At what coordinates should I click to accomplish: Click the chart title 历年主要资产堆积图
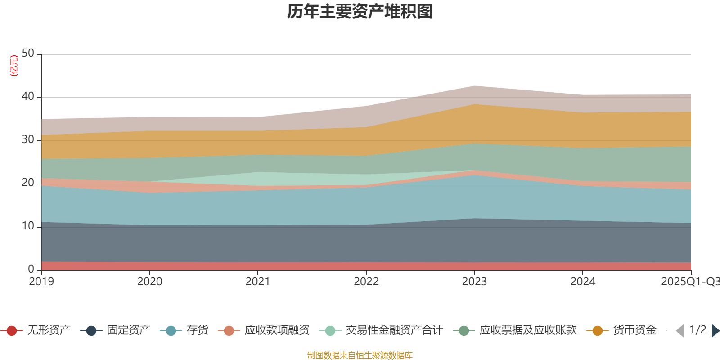pos(360,12)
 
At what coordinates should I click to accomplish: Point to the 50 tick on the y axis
pos(28,54)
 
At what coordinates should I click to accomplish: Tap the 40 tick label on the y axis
pos(28,97)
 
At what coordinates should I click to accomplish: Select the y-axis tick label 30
pos(28,140)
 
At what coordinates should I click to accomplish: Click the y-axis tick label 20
pos(28,183)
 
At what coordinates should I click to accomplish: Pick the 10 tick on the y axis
pos(28,226)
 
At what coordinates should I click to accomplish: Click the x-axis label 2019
pos(41,282)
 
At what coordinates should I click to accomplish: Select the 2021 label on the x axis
pos(257,282)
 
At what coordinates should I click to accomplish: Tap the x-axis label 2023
pos(474,282)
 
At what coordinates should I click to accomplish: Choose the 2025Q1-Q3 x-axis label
pos(689,282)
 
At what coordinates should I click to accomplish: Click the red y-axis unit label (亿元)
pos(14,66)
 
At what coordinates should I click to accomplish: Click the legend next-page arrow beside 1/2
pos(715,331)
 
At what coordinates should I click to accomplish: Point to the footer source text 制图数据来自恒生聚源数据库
pos(360,355)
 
